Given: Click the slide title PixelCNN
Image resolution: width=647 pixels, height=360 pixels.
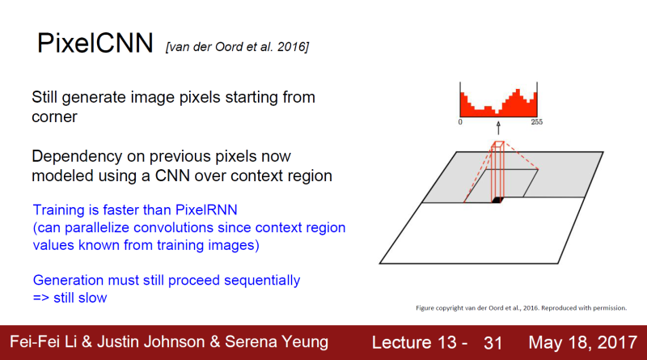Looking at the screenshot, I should click(x=95, y=44).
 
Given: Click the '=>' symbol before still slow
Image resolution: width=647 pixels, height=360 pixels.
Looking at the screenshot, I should click(x=42, y=298).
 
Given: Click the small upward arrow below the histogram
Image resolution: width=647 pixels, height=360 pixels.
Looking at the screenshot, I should click(x=498, y=128).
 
